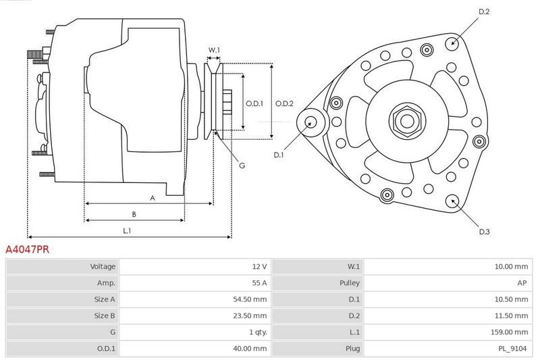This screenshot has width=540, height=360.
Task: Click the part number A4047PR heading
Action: tap(27, 249)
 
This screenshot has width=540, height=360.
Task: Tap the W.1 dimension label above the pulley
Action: tap(214, 50)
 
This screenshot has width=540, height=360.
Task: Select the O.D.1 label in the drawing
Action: tap(254, 103)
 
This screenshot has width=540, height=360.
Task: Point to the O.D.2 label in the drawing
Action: tap(284, 103)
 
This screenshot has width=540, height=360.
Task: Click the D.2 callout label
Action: tap(484, 11)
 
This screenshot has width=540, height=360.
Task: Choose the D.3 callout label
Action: tap(484, 232)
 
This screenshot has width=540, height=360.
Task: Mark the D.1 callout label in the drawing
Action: tap(278, 155)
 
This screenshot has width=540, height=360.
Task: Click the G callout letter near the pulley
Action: tap(242, 165)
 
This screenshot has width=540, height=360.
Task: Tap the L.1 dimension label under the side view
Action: tap(127, 230)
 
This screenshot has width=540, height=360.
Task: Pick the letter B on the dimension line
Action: tap(134, 214)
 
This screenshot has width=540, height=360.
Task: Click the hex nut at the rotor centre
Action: tap(408, 121)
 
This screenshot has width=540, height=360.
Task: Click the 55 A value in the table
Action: tap(259, 283)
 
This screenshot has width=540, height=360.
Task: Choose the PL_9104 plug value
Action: tap(512, 349)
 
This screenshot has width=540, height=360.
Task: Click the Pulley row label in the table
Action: tap(350, 283)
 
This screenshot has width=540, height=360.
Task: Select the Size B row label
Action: tap(105, 315)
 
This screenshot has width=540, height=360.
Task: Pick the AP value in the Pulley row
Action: tap(522, 283)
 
